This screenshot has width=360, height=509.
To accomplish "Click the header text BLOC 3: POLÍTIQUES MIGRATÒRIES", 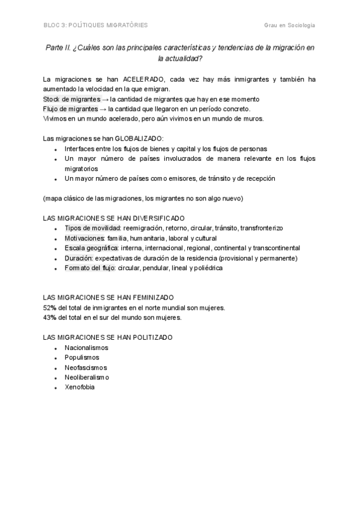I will tap(95, 25).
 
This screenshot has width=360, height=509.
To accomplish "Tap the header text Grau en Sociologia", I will tap(289, 25).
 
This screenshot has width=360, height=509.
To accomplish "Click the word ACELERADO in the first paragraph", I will tap(141, 79).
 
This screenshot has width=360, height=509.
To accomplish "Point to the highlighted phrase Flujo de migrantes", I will tap(70, 109).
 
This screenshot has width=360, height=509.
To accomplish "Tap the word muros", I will tap(253, 118).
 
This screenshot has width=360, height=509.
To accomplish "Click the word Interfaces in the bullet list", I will tap(80, 148).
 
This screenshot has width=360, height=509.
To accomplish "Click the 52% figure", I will tap(50, 308).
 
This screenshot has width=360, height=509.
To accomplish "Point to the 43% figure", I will tap(50, 318).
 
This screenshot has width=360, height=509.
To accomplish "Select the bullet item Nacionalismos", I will tap(86, 348).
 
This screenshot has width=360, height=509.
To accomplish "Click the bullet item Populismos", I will tap(82, 357).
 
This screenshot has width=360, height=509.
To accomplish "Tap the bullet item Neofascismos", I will tap(86, 367).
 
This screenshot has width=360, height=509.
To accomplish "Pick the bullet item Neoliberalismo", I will tap(87, 377).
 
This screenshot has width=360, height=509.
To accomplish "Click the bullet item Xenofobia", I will tap(80, 387).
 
